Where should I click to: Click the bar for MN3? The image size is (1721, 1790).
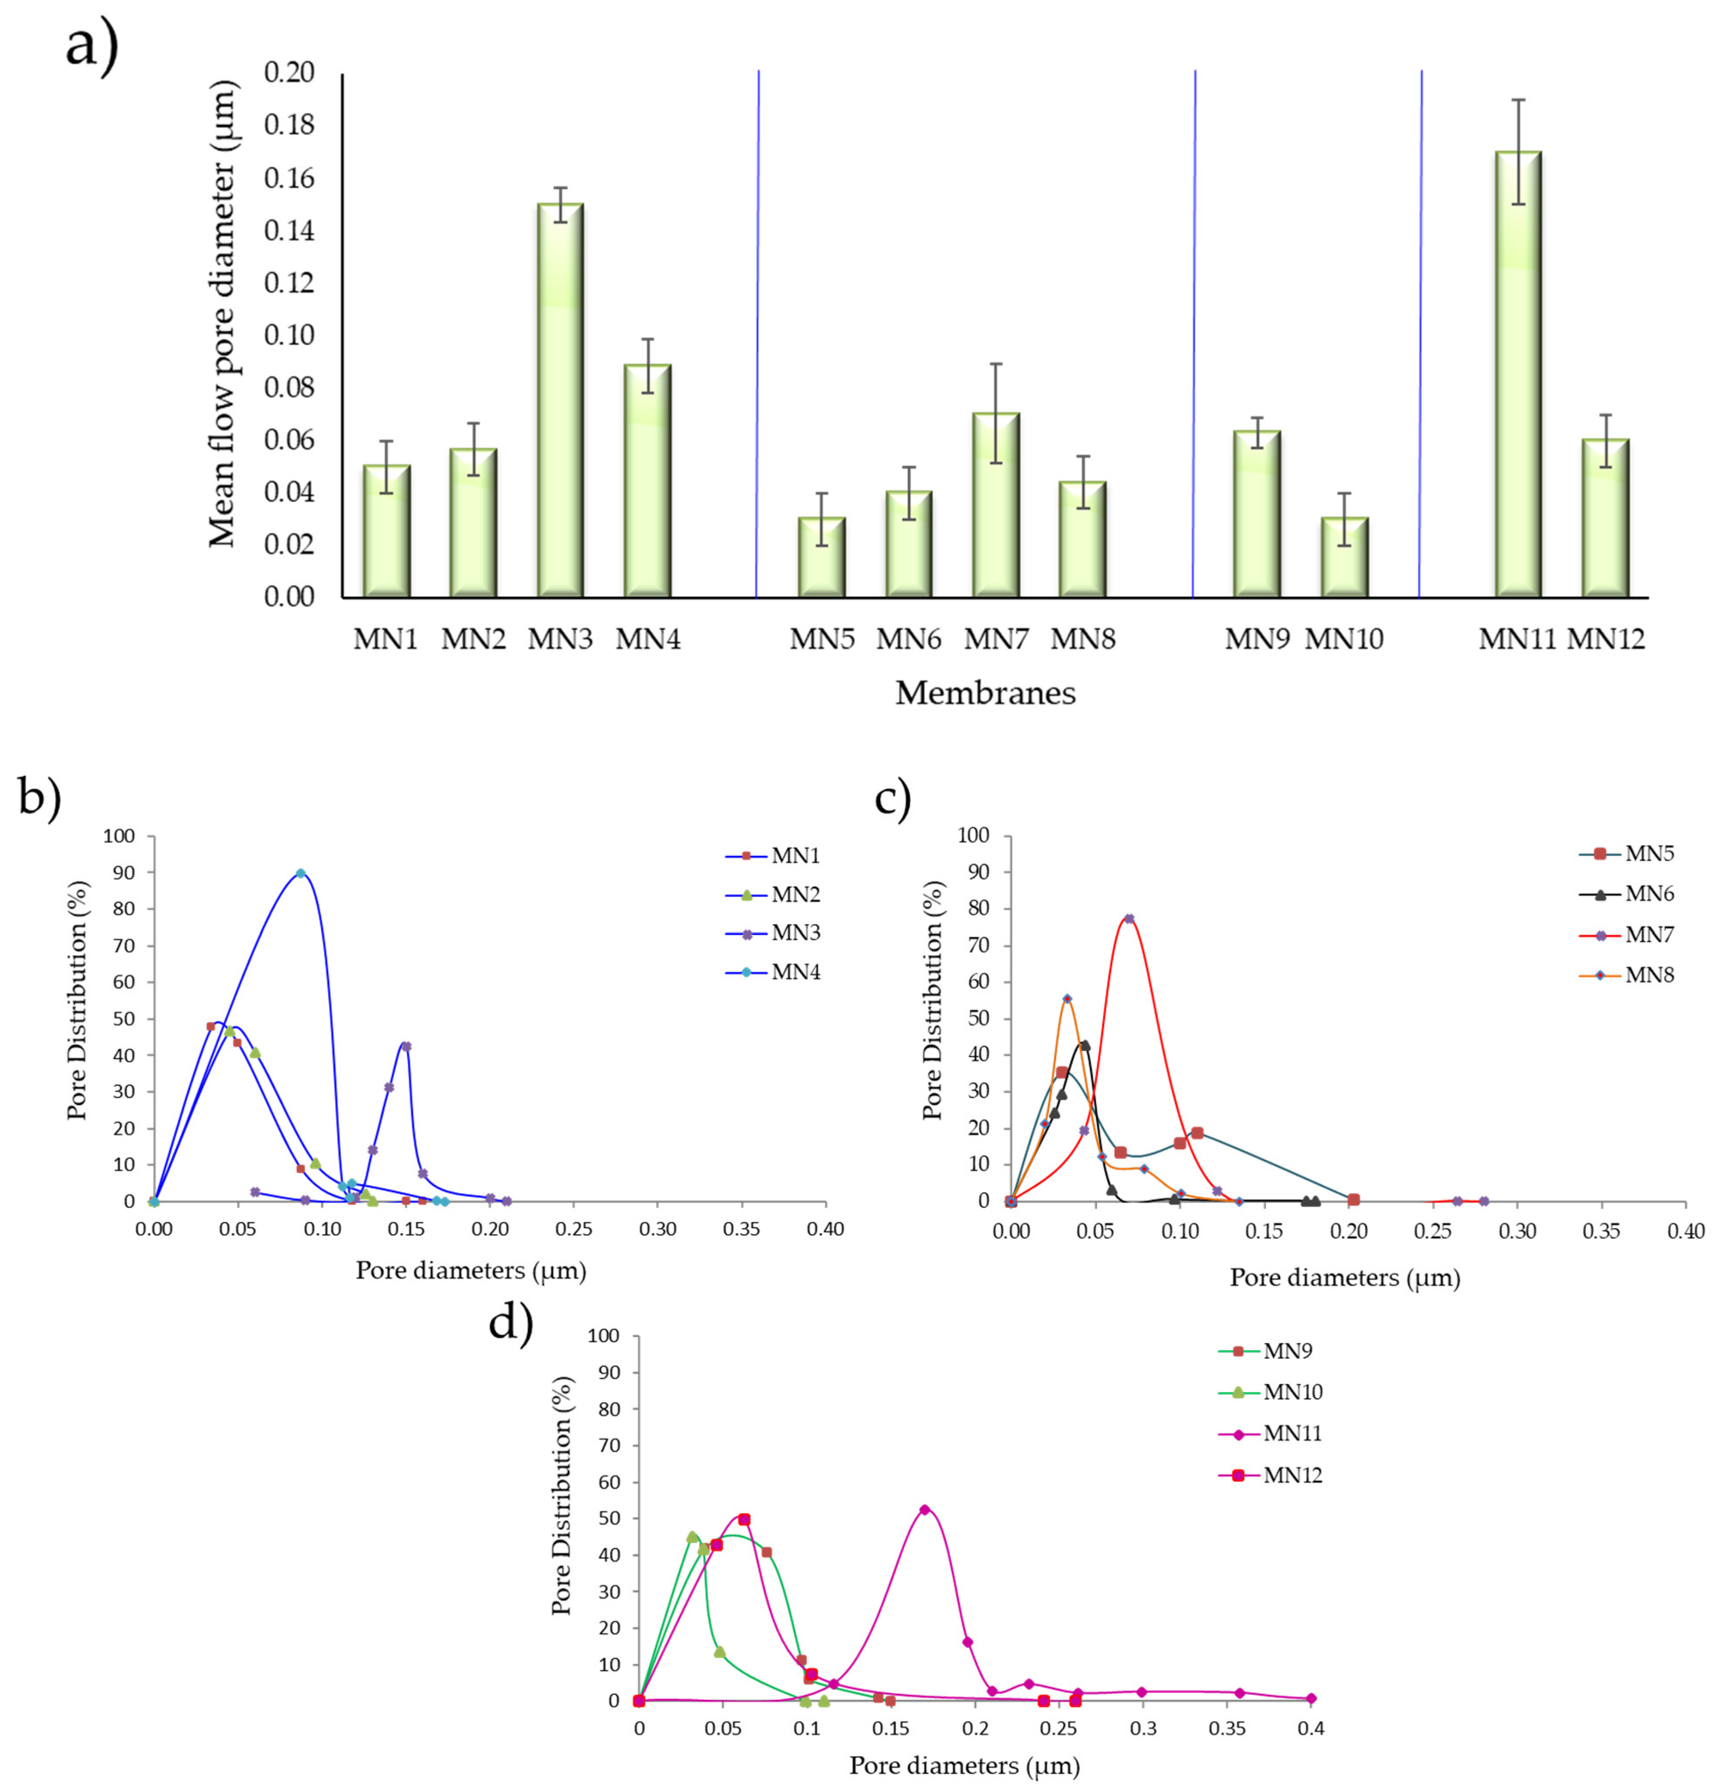pyautogui.click(x=560, y=402)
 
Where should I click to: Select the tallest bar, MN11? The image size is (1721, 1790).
pyautogui.click(x=1517, y=374)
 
